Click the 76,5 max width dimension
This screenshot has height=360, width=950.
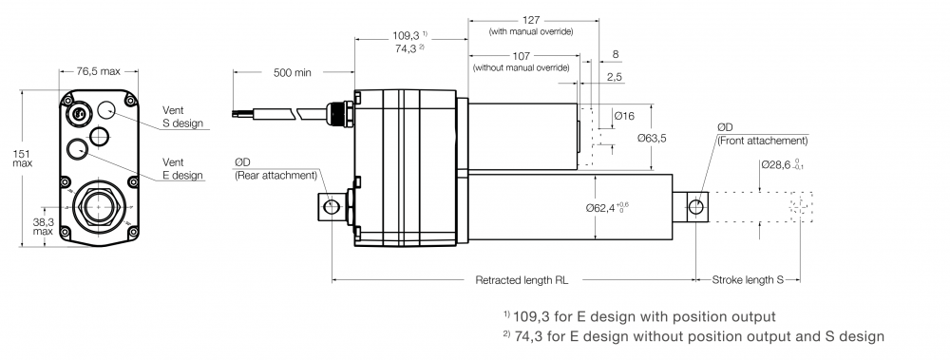98,71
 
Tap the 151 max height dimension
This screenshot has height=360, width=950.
23,159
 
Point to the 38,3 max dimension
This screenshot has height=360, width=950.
43,226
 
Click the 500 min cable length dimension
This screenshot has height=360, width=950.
292,73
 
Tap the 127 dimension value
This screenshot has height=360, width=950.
531,20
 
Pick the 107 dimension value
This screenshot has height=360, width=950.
521,56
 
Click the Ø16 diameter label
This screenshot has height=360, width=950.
623,116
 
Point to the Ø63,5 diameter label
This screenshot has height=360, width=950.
652,138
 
